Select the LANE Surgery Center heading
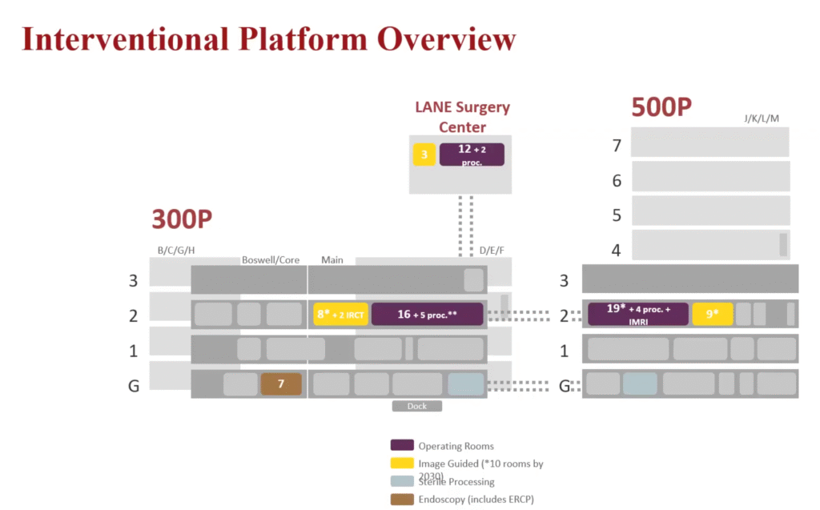tap(462, 117)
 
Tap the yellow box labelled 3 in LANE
tap(424, 155)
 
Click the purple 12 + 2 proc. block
tap(472, 155)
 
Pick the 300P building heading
tap(187, 220)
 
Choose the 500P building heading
tap(661, 106)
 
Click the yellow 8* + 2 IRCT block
tap(340, 315)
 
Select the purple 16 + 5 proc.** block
tap(427, 315)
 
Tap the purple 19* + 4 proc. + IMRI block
tap(638, 314)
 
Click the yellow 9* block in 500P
tap(713, 315)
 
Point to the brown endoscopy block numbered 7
tap(281, 384)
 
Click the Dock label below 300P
tap(416, 406)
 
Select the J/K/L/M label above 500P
tap(762, 118)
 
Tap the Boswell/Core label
tap(271, 260)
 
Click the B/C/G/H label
tap(176, 251)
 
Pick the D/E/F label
tap(492, 251)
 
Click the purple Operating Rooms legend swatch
tap(401, 446)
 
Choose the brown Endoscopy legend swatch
tap(401, 500)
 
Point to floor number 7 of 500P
tap(617, 146)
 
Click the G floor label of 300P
tap(134, 385)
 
